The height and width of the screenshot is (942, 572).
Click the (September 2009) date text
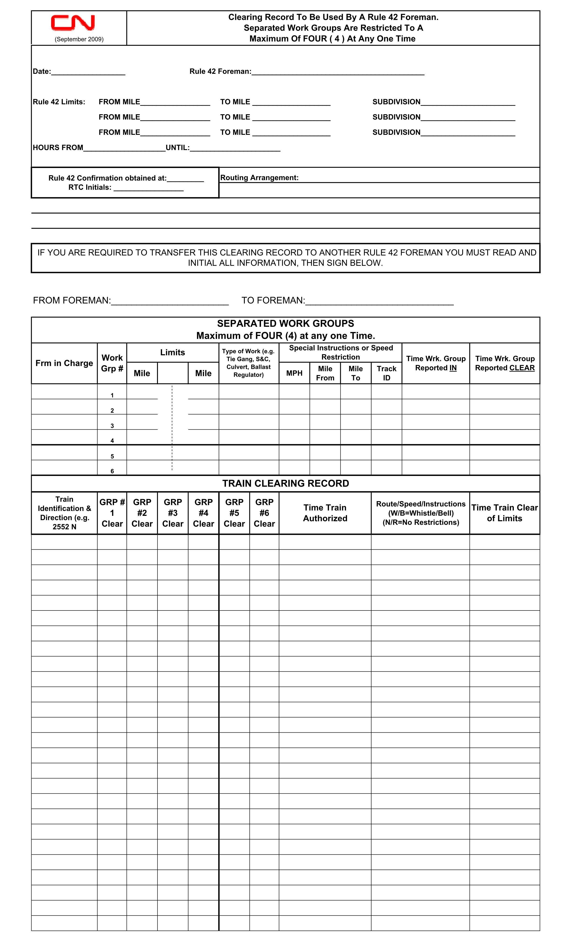[x=79, y=39]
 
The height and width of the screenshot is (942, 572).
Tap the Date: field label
[x=42, y=71]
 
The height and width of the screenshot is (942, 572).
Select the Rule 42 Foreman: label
[x=220, y=71]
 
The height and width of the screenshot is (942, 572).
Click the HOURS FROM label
[x=58, y=148]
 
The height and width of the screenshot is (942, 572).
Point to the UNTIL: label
[x=177, y=148]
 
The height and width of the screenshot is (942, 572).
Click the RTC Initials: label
[x=90, y=187]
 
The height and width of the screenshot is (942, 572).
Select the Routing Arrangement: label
[x=259, y=178]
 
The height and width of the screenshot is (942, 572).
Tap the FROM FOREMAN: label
[x=72, y=300]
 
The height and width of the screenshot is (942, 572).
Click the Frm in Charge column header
[x=64, y=363]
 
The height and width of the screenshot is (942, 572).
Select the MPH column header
[x=294, y=373]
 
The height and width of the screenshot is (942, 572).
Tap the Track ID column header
[x=386, y=373]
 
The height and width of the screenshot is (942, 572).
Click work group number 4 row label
[x=112, y=441]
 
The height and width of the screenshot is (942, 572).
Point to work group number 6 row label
[x=112, y=471]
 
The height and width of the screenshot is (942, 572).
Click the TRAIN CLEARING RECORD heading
[x=286, y=484]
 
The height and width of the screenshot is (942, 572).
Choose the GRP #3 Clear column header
[x=173, y=513]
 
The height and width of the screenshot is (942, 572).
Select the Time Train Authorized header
[x=325, y=513]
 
